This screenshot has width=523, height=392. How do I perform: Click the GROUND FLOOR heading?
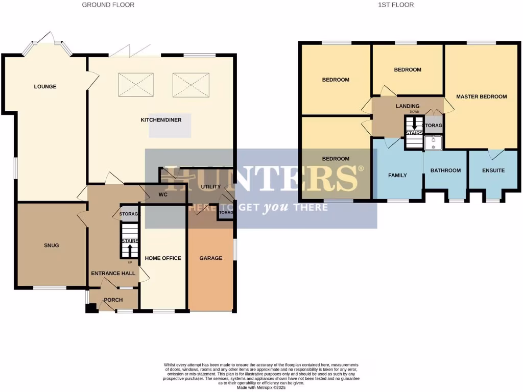108,5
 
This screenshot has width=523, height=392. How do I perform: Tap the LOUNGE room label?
45,87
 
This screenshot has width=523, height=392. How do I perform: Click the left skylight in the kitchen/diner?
136,84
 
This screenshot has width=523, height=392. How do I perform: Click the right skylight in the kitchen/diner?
191,84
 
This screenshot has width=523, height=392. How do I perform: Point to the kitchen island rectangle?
170,125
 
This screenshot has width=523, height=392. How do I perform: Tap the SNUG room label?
51,246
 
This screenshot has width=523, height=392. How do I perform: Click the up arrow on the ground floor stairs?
129,250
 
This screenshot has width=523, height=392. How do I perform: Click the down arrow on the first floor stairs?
414,125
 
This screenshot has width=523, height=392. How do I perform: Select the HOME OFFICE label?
163,258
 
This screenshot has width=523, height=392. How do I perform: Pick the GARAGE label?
210,258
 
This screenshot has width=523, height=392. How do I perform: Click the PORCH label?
113,300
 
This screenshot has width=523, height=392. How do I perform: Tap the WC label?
163,194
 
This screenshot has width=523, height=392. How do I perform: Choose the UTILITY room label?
210,187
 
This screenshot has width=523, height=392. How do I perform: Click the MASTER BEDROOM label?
481,96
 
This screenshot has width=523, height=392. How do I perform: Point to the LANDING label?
408,106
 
